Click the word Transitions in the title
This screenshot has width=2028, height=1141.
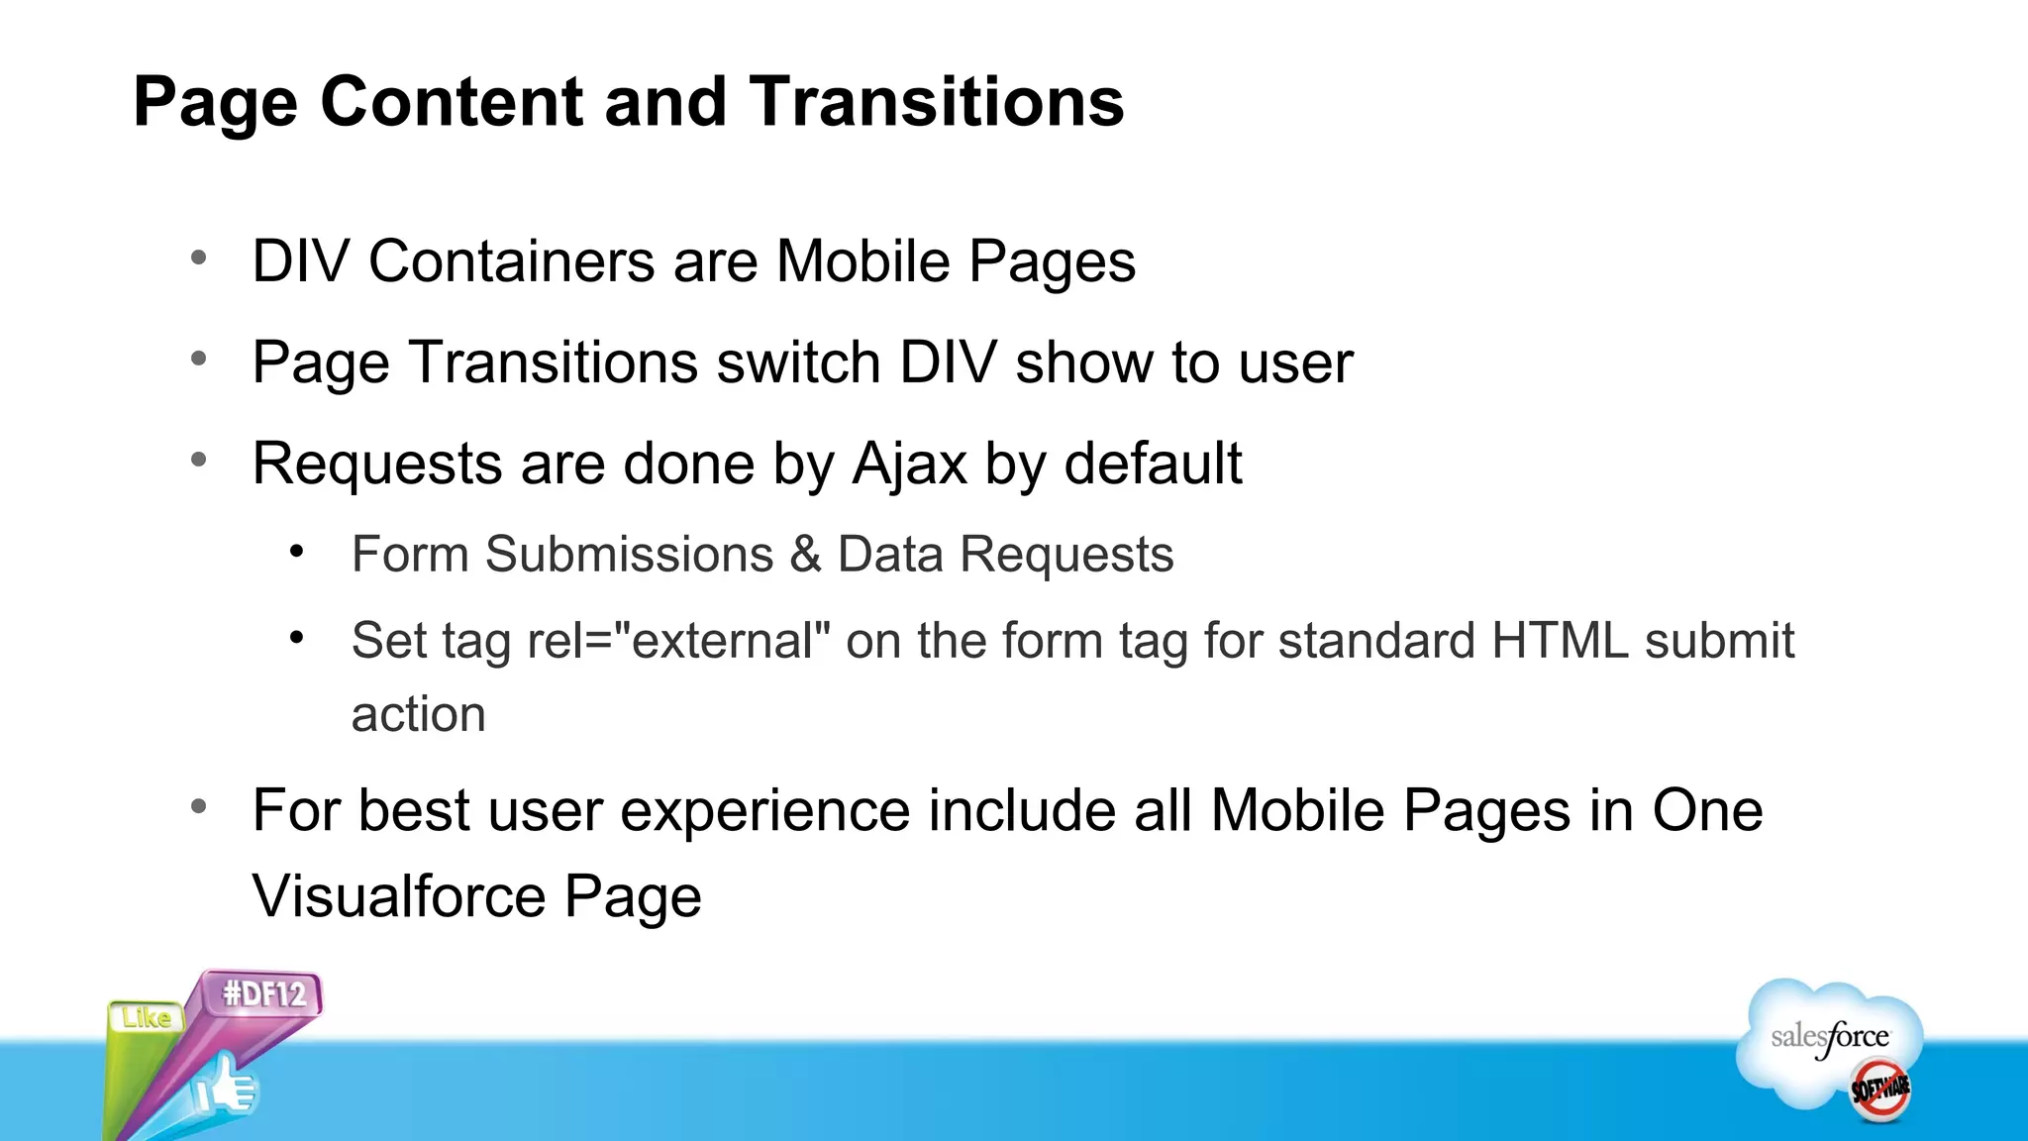(936, 102)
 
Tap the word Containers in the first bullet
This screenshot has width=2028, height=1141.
(511, 261)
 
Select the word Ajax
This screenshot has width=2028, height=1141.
(909, 464)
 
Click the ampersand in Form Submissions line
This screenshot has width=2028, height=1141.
(806, 554)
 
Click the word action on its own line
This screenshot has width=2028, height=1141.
(418, 715)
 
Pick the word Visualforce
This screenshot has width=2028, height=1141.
(399, 896)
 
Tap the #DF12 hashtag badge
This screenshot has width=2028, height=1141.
(264, 993)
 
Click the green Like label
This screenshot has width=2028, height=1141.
(146, 1018)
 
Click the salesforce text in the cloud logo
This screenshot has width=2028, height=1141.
(1829, 1037)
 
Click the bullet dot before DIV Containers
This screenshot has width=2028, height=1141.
(199, 259)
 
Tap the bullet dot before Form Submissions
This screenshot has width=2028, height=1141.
(296, 552)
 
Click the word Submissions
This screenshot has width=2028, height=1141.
(629, 554)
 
